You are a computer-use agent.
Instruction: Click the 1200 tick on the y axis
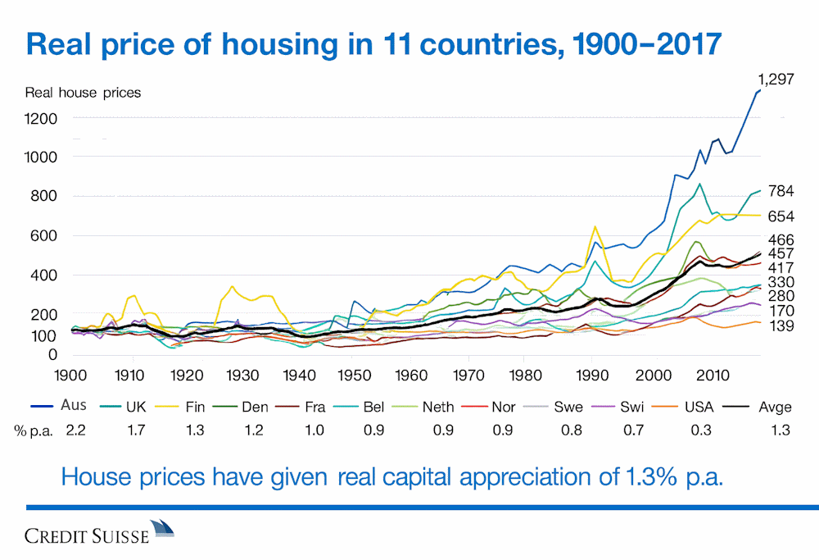[x=42, y=118]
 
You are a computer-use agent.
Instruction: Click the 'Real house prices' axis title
[x=83, y=93]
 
